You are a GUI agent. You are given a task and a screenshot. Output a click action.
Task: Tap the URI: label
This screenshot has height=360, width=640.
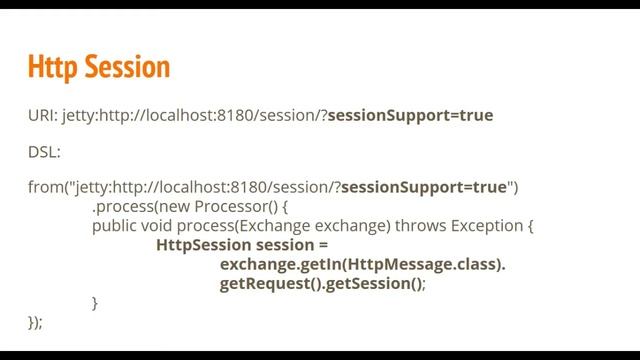click(42, 116)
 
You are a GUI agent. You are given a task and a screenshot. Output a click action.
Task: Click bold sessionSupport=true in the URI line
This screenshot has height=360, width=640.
click(410, 116)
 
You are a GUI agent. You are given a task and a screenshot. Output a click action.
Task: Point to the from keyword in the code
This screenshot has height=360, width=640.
click(44, 187)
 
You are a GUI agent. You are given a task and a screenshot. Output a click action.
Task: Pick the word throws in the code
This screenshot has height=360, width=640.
click(422, 226)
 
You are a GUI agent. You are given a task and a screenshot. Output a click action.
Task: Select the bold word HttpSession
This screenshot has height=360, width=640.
click(203, 245)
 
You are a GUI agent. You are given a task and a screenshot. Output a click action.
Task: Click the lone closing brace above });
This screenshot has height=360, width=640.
click(95, 302)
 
